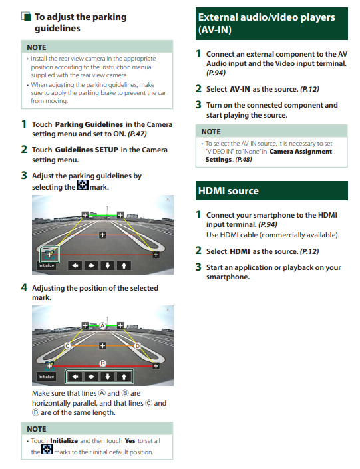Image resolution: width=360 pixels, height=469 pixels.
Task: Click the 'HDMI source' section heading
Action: coord(228,191)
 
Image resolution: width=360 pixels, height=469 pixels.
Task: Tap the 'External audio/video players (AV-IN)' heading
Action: coord(266,23)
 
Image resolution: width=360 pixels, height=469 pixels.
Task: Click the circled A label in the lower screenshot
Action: coord(102,326)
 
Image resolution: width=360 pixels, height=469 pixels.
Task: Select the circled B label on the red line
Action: coord(102,363)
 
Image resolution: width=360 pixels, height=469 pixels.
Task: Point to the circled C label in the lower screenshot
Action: coord(68,346)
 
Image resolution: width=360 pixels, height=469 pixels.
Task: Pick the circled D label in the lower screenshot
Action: coord(137,346)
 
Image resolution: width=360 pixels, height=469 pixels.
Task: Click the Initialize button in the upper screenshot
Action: coord(47,265)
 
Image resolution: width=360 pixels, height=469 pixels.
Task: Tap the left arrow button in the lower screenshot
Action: coord(75,377)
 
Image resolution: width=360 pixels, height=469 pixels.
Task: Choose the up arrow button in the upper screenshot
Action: coord(124,265)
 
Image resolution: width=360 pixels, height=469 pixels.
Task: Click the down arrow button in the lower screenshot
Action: coord(108,377)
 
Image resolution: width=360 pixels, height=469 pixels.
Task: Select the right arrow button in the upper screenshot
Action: coord(91,265)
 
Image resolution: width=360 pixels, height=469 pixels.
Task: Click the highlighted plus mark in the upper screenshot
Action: coord(50,255)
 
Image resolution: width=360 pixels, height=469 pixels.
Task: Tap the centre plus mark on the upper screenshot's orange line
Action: coord(102,235)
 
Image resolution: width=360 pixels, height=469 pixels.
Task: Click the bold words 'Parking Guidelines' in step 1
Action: coord(89,124)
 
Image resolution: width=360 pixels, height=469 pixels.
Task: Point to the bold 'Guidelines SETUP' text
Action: coord(87,150)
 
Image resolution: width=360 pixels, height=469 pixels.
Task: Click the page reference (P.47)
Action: coord(137,134)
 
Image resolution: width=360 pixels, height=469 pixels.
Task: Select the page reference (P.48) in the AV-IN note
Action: coord(244,160)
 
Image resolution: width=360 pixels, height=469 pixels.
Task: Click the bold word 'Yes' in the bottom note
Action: coord(130,441)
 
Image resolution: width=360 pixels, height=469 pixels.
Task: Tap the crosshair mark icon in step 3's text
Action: coord(83,184)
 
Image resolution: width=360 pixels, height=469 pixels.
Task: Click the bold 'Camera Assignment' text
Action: coord(301,152)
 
